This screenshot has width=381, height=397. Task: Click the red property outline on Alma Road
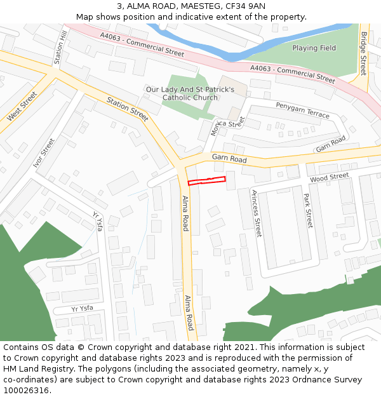[206, 181]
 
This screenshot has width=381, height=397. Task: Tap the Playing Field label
[314, 48]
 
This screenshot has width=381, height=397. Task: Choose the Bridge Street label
[363, 54]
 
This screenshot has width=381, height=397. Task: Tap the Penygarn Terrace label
[302, 109]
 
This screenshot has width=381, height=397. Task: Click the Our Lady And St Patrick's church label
[190, 93]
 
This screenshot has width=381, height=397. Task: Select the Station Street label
[128, 109]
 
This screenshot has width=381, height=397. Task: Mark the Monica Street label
[227, 125]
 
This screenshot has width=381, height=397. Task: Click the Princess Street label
[257, 213]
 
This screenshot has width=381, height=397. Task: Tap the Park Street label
[308, 210]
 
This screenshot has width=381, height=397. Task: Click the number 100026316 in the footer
[36, 390]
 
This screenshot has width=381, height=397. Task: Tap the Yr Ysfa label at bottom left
[82, 309]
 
